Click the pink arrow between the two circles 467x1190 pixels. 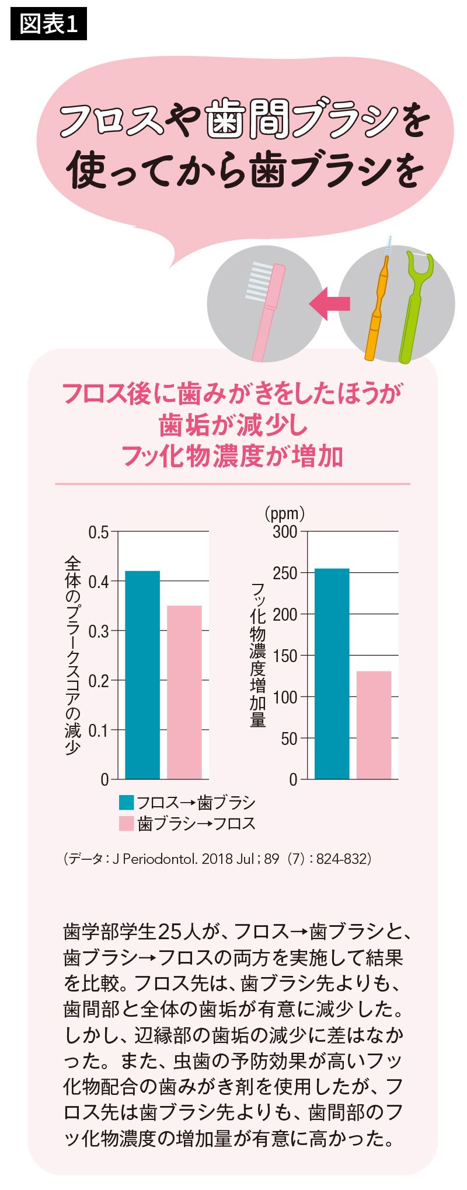(x=329, y=303)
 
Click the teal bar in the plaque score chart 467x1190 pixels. (x=142, y=674)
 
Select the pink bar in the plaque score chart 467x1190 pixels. (x=184, y=692)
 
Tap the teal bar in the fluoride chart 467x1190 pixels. (x=332, y=673)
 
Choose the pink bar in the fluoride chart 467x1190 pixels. (x=374, y=724)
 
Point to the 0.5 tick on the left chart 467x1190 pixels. (x=98, y=532)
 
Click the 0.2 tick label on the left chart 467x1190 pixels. (x=98, y=681)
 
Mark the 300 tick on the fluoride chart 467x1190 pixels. (x=285, y=532)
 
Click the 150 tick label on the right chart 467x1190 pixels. (x=285, y=656)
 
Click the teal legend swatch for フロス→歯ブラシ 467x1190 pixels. (x=127, y=803)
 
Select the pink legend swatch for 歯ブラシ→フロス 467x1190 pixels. (x=127, y=823)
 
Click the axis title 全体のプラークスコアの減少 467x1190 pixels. (x=72, y=654)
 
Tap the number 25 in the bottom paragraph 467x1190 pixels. (x=172, y=932)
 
